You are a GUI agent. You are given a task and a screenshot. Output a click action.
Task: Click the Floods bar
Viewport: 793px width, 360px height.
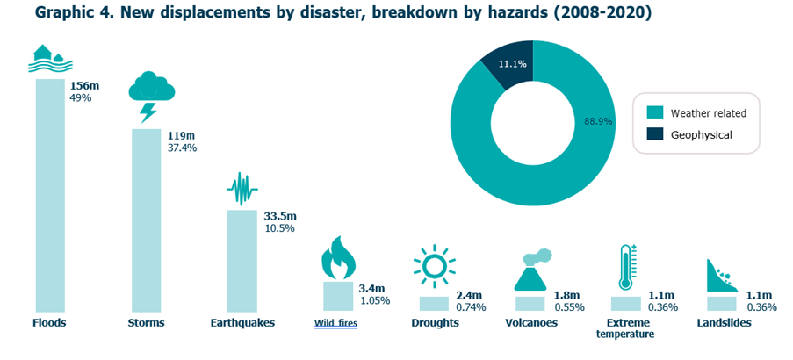coord(50,193)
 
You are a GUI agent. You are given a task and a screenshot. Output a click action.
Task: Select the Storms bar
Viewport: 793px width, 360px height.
coord(147,220)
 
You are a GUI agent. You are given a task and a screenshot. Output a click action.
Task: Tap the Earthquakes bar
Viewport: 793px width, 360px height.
coord(242,260)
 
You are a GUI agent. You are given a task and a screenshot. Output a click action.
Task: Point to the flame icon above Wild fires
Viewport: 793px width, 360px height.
coord(337,257)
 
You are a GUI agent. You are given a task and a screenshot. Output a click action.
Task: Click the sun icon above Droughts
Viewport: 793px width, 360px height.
coord(434,267)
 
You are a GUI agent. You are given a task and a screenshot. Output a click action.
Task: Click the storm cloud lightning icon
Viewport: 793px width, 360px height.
coord(151,95)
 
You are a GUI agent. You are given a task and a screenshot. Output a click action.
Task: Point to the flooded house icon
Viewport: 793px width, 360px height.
coord(50,59)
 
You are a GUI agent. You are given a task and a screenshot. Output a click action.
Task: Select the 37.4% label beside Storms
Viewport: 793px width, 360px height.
coord(182,148)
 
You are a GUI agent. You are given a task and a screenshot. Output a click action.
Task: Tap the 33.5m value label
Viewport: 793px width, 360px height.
coord(280,216)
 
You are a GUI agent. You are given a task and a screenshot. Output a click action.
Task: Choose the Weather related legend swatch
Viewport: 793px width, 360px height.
coord(655,113)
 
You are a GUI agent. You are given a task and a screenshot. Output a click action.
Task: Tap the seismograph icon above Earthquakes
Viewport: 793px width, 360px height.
coord(242,188)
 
